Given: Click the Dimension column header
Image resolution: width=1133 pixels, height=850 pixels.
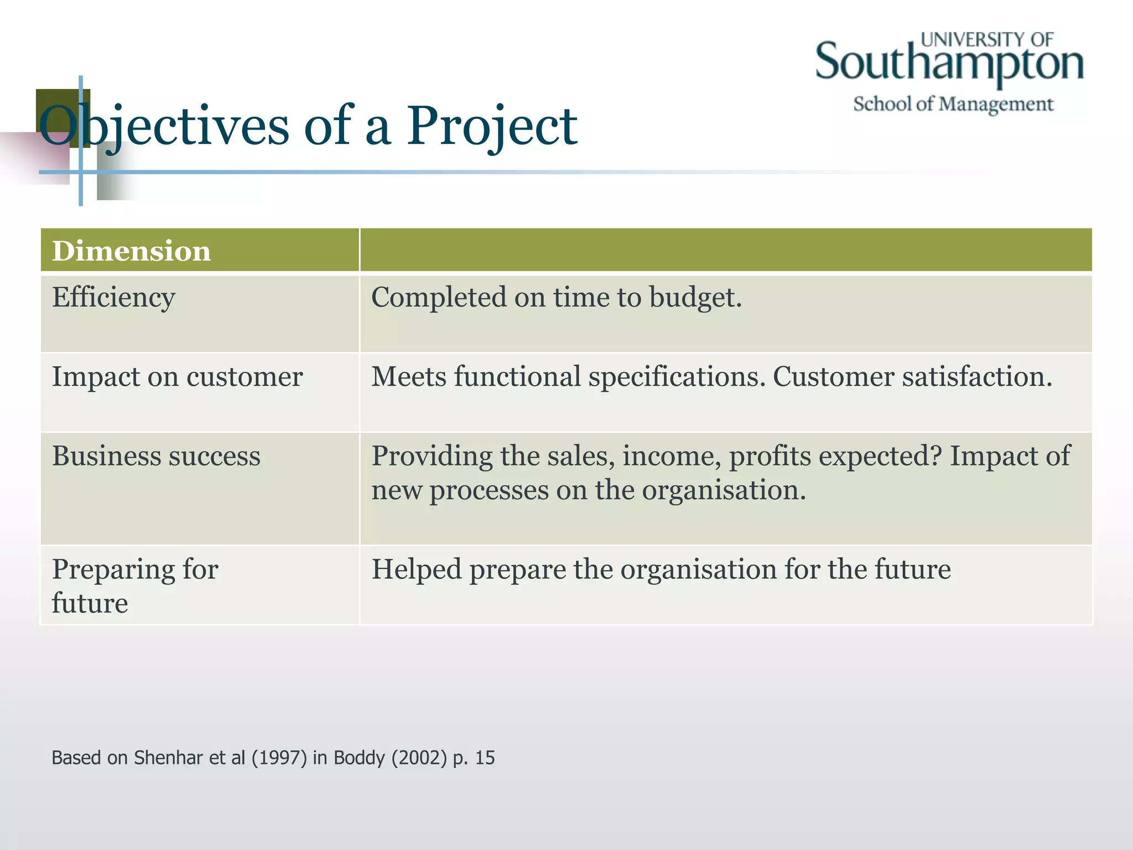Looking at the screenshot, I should pos(131,251).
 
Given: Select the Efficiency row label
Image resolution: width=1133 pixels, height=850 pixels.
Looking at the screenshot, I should pos(113,298).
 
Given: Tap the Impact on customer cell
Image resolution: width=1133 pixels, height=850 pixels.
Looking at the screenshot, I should pos(177,377).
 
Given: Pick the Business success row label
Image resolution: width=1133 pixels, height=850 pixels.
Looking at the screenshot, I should pos(156,457).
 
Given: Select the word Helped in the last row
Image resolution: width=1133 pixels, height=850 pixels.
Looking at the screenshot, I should pos(416,569).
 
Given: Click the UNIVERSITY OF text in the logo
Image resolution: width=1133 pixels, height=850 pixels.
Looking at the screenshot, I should pos(987,39).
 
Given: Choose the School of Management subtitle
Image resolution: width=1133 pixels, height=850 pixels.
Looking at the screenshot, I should pos(953,104).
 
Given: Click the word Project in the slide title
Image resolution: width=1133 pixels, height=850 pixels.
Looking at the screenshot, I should pos(492,127).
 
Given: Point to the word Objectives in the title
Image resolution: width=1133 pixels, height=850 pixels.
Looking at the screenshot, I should pos(164,127).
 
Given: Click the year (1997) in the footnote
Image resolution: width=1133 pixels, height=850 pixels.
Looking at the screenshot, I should pos(279,758).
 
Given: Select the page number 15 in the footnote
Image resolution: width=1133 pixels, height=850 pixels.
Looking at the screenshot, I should pos(485,758).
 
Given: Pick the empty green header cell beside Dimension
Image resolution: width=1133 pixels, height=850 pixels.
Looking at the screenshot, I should pos(725,250).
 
